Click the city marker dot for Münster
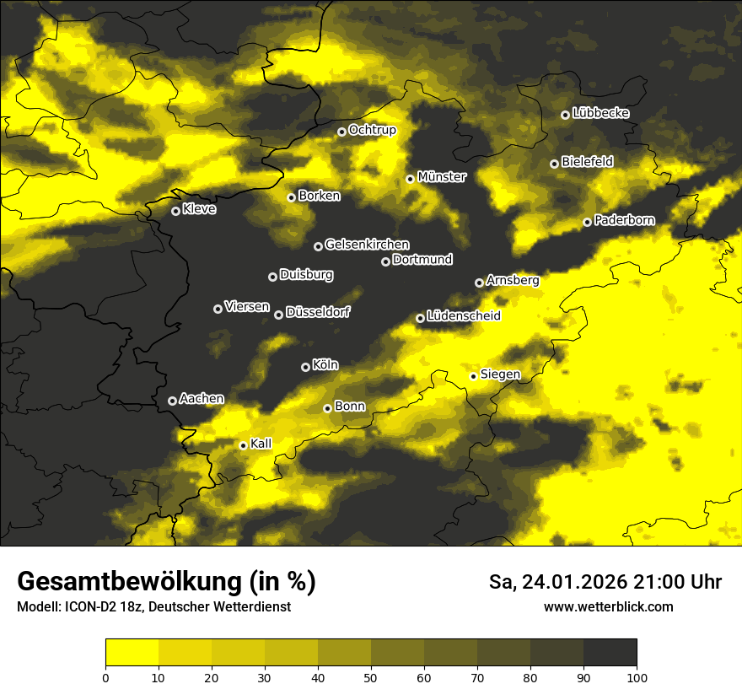click(x=410, y=179)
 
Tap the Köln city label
click(x=325, y=365)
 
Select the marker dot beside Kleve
click(x=175, y=211)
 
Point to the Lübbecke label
click(x=600, y=113)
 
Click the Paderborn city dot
click(x=587, y=222)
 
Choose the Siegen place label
click(x=500, y=374)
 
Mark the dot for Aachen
click(x=172, y=401)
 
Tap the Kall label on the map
click(x=261, y=444)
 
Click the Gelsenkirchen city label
click(x=367, y=245)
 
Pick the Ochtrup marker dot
click(x=341, y=132)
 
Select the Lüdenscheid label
click(x=464, y=316)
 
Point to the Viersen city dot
click(x=218, y=309)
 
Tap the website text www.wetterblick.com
click(x=608, y=606)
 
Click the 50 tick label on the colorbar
click(x=371, y=677)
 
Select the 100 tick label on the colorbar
click(x=637, y=677)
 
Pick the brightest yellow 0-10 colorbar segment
click(x=132, y=652)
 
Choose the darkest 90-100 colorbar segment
click(x=610, y=652)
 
